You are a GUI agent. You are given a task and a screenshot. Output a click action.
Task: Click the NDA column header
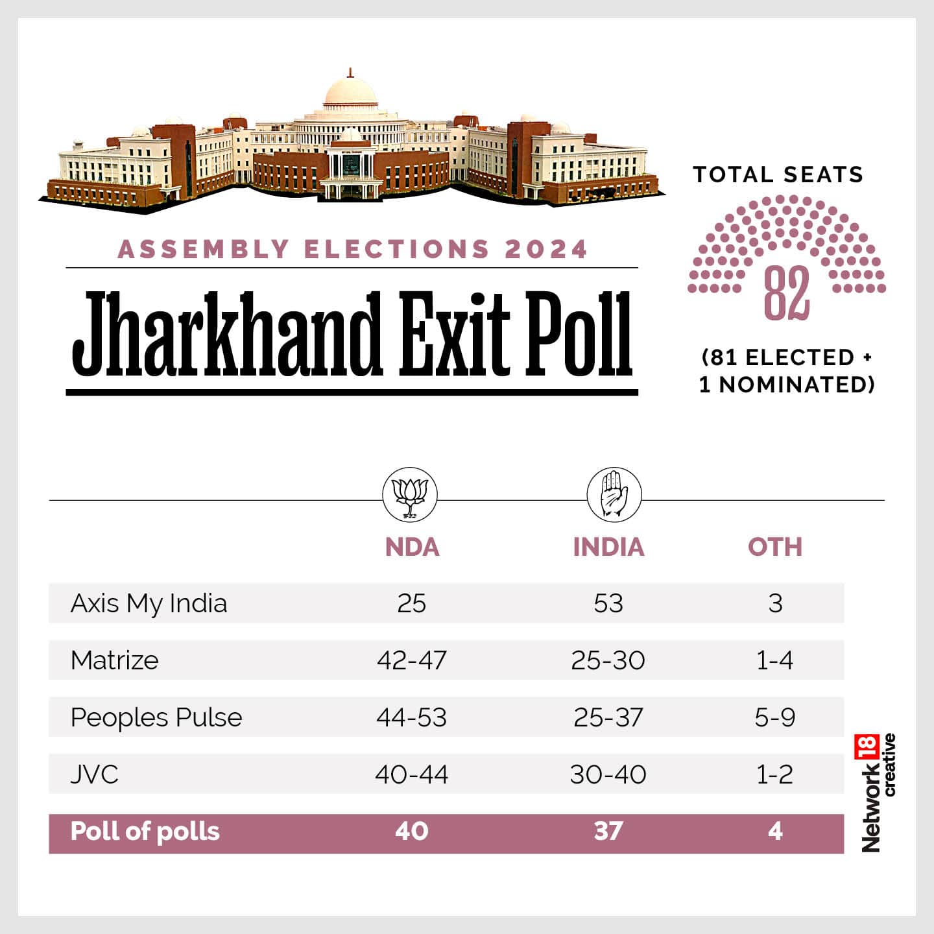click(412, 547)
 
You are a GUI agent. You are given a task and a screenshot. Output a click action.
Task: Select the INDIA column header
click(608, 547)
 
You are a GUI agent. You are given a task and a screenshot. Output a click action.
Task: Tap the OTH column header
click(775, 547)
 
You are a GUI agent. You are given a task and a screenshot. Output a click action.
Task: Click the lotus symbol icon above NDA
click(410, 495)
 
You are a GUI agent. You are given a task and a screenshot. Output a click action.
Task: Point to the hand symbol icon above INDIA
click(614, 495)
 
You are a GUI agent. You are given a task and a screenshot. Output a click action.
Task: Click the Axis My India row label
click(149, 603)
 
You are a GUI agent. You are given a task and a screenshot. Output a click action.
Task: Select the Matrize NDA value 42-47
click(412, 660)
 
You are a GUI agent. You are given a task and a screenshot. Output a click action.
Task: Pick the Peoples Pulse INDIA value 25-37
click(608, 717)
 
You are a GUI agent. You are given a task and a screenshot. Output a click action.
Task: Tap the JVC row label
click(95, 774)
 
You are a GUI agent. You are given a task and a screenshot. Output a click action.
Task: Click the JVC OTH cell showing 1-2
click(775, 774)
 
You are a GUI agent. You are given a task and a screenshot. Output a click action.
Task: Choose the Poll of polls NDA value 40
click(412, 831)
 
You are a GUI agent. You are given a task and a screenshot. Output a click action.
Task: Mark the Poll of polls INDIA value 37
click(608, 831)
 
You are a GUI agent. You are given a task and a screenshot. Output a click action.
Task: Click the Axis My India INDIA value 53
click(608, 603)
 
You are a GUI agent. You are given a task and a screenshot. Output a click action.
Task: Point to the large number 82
click(787, 293)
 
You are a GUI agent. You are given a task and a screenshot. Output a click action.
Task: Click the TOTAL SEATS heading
click(778, 174)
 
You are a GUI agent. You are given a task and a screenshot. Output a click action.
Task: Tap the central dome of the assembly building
click(350, 91)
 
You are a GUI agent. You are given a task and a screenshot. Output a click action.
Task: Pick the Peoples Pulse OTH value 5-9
click(775, 717)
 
